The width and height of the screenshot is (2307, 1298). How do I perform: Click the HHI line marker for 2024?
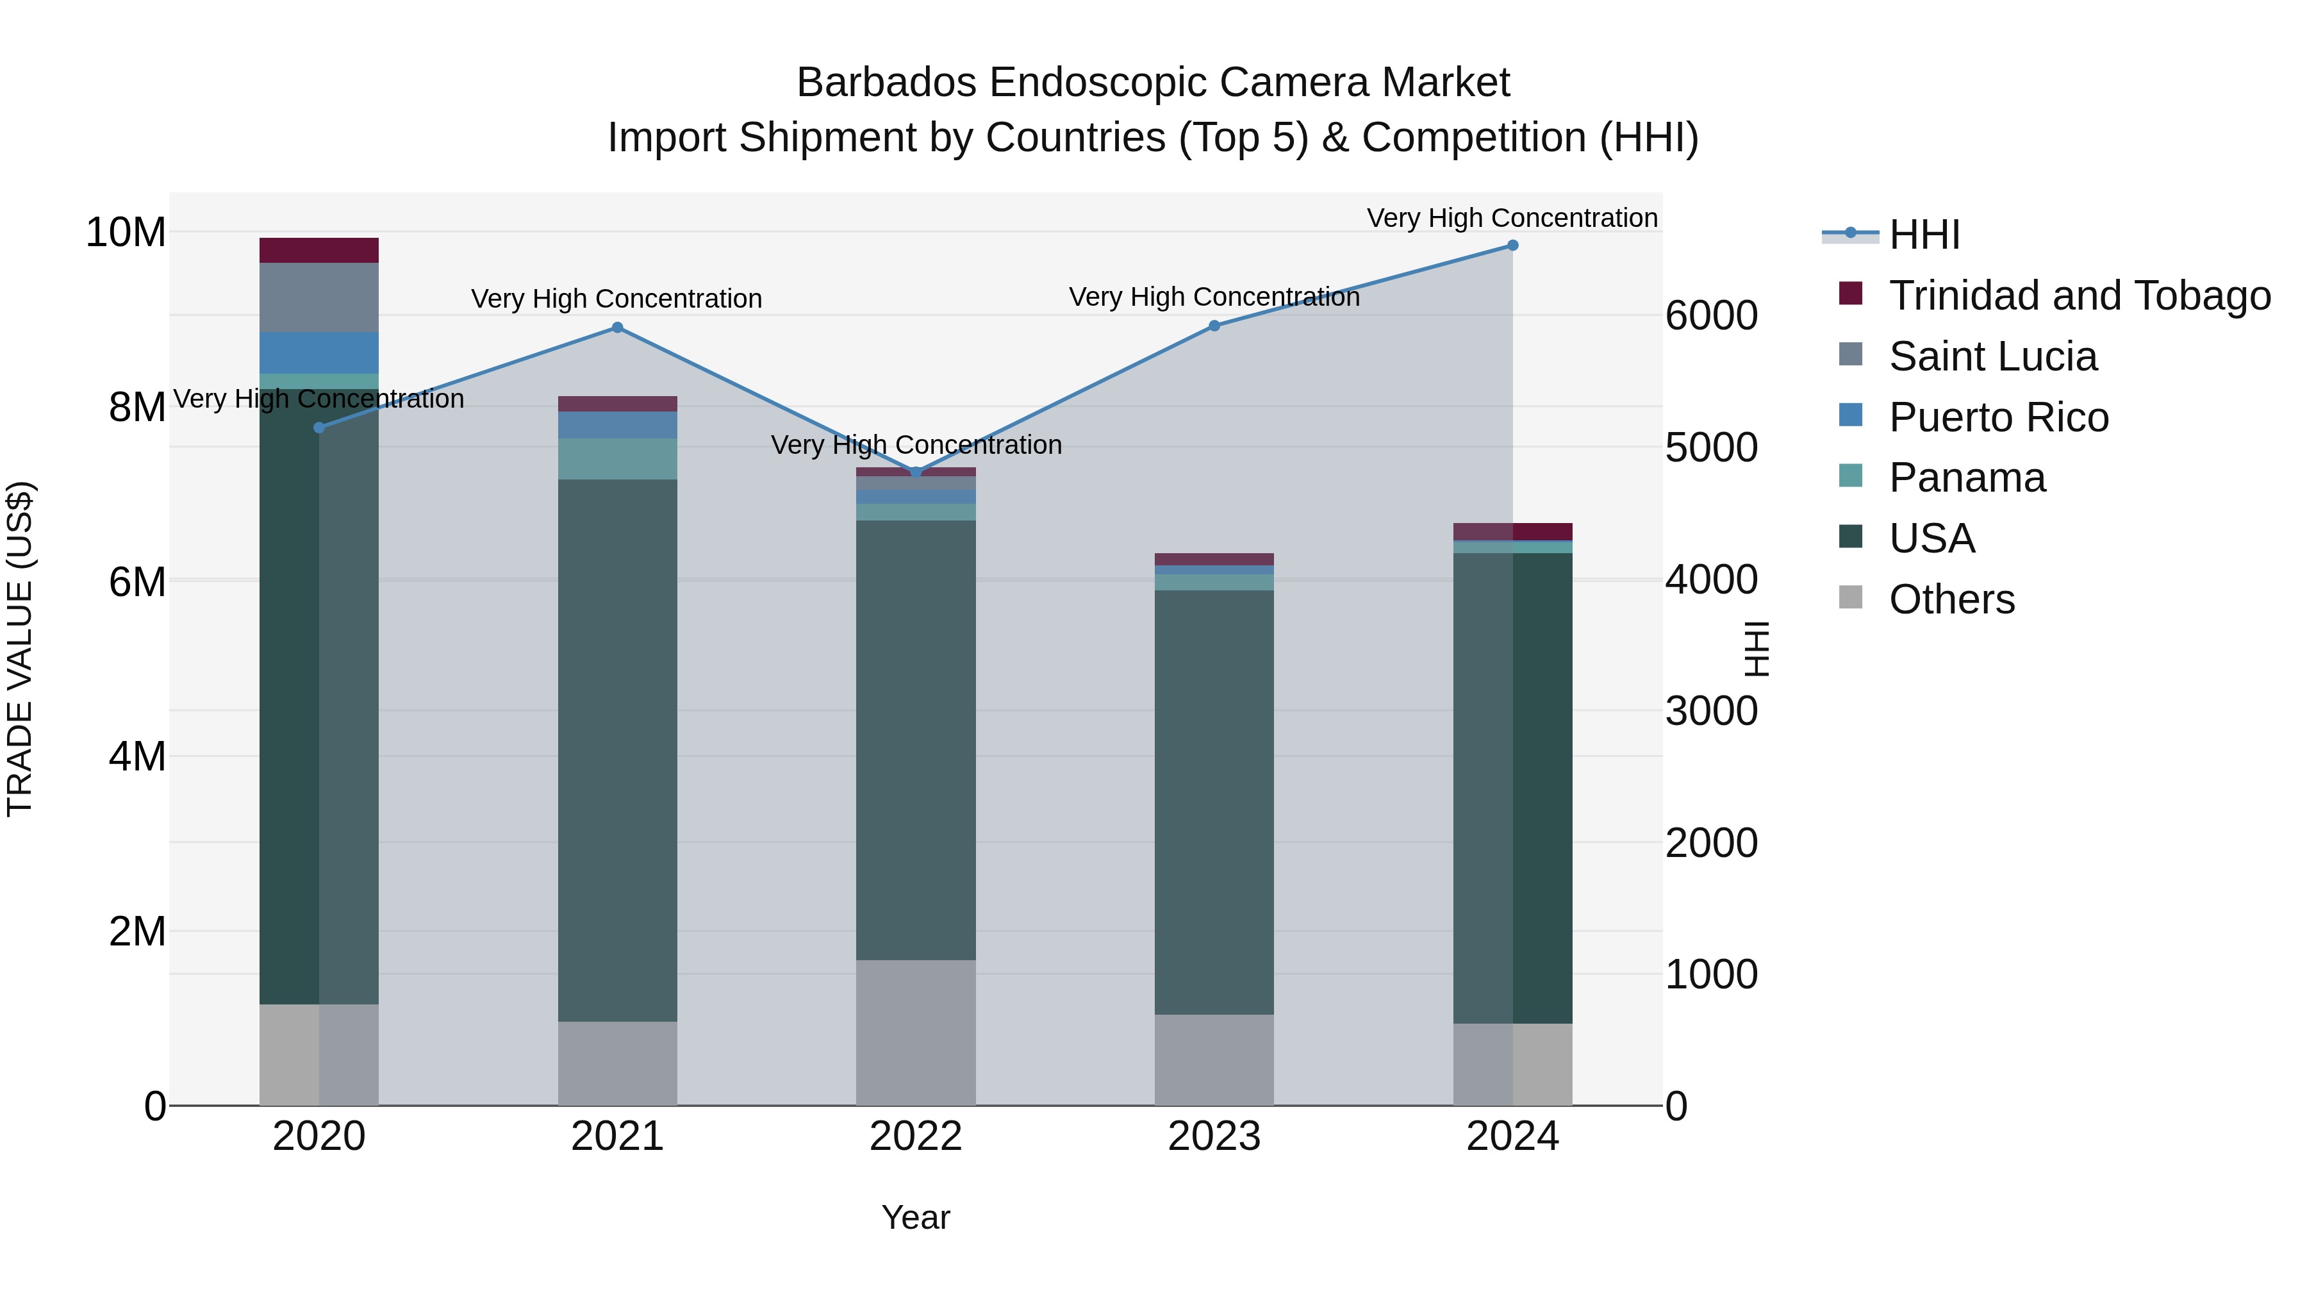[1512, 245]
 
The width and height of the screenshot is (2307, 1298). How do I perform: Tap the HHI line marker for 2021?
[617, 328]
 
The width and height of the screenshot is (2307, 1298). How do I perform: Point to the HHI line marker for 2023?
[1214, 326]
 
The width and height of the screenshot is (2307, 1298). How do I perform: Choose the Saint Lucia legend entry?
[1992, 356]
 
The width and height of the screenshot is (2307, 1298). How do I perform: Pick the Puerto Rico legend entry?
[1998, 417]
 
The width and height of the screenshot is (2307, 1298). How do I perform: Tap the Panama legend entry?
[1967, 478]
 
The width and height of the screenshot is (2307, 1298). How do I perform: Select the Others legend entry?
[1951, 599]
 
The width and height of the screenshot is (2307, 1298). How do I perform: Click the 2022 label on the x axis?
[915, 1136]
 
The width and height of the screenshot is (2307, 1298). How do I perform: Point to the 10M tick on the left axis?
[126, 233]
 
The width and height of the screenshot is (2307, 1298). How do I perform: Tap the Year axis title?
[915, 1217]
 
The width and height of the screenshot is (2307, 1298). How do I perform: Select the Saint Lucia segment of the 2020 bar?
[319, 297]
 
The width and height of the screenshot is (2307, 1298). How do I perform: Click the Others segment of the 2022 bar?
[915, 1032]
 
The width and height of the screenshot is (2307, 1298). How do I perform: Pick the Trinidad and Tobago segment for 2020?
[319, 250]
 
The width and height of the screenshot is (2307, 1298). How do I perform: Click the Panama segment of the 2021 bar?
[617, 459]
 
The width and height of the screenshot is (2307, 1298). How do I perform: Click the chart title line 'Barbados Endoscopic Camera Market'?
[1153, 83]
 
